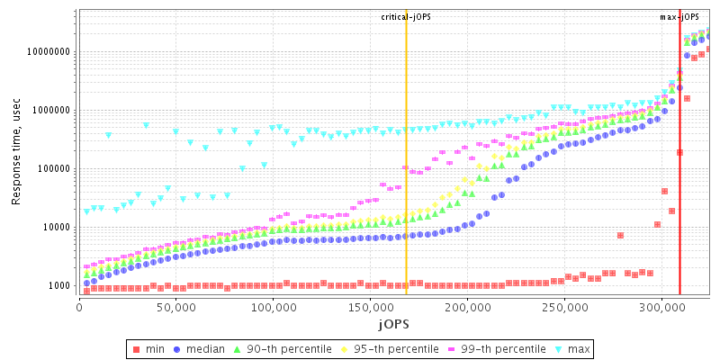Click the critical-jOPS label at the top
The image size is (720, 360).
pyautogui.click(x=406, y=17)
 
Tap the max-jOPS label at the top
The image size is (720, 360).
pyautogui.click(x=679, y=17)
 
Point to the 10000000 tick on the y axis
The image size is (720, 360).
pyautogui.click(x=50, y=52)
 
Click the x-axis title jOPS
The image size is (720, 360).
pyautogui.click(x=392, y=323)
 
